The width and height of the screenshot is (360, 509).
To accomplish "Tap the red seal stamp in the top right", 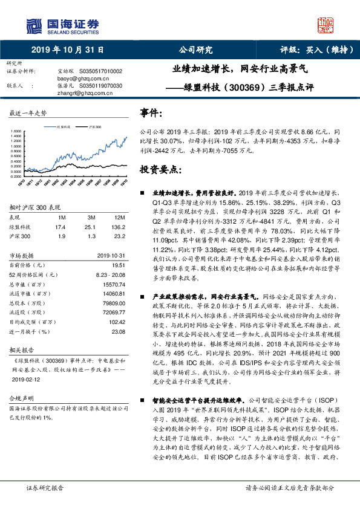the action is pos(326,25).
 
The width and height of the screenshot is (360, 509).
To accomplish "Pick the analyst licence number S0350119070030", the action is pos(101,86).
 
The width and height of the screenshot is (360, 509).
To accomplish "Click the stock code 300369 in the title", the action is pos(243,86).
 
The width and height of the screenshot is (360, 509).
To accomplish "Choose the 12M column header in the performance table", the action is pos(119,217).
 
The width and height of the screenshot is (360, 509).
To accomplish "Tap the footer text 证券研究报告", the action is pos(45,487).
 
